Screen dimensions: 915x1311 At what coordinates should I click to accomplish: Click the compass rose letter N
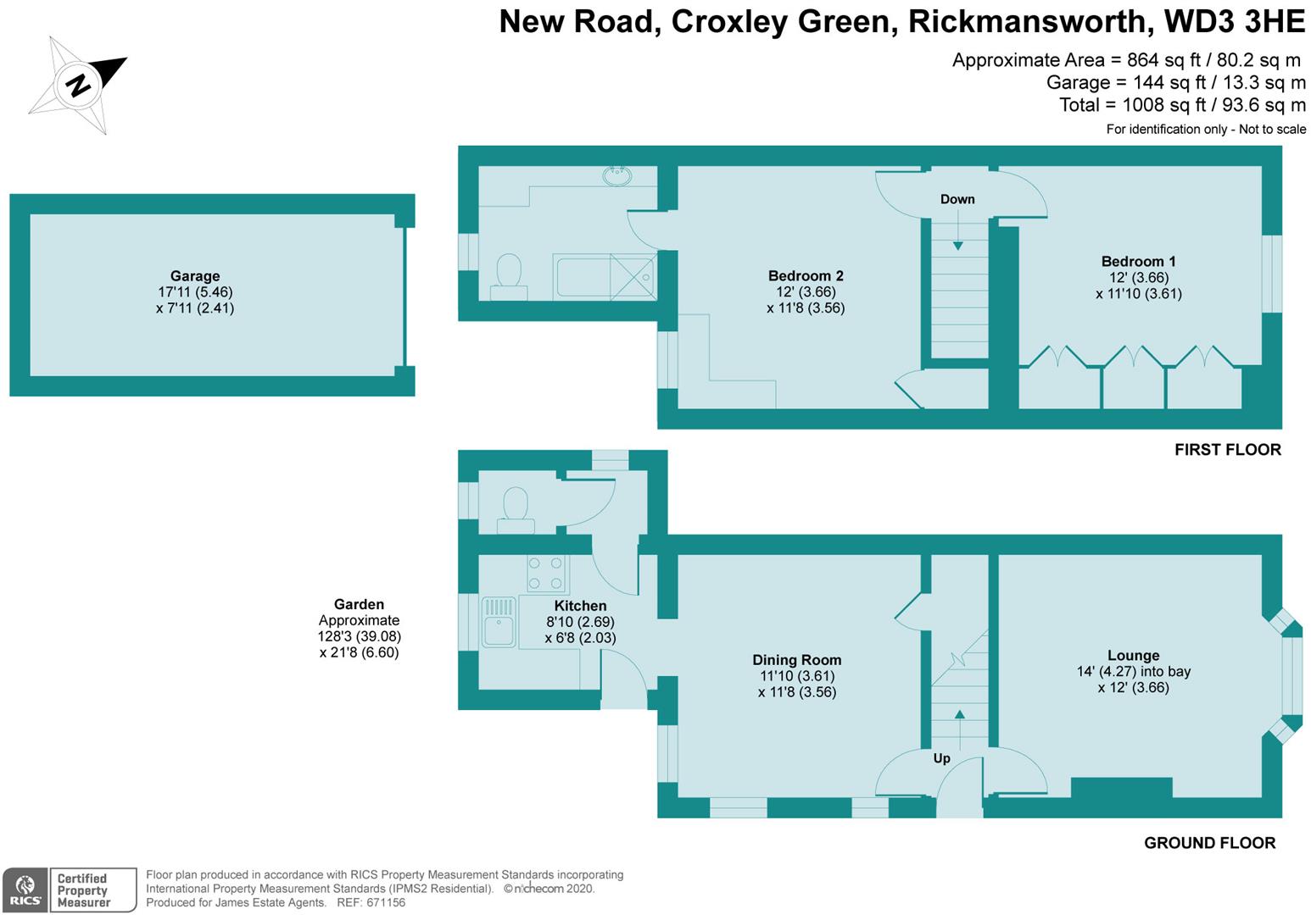tap(78, 85)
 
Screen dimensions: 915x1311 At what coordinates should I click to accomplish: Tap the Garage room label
tap(195, 276)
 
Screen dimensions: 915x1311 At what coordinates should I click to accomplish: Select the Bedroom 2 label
tap(805, 276)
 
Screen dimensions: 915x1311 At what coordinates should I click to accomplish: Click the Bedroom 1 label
tap(1138, 262)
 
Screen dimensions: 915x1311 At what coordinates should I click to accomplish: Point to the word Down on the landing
tap(957, 199)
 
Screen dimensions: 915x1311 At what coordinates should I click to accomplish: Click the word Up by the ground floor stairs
tap(941, 758)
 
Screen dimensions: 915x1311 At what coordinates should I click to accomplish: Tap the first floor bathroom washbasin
tap(616, 176)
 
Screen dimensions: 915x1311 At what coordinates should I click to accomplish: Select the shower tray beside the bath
tap(633, 276)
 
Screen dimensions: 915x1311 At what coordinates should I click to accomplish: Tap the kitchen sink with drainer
tap(499, 623)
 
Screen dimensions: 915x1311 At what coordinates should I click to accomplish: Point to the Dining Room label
tap(796, 660)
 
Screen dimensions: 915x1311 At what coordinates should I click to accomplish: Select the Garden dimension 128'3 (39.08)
tap(359, 636)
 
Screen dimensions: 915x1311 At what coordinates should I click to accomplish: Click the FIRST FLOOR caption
tap(1227, 450)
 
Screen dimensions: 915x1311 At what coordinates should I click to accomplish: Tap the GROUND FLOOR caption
tap(1209, 843)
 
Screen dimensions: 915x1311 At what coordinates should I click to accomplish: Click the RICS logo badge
tap(25, 890)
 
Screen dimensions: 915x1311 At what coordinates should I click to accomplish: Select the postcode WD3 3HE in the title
tap(1235, 21)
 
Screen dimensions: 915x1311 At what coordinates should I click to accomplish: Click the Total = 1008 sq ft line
tap(1182, 105)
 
